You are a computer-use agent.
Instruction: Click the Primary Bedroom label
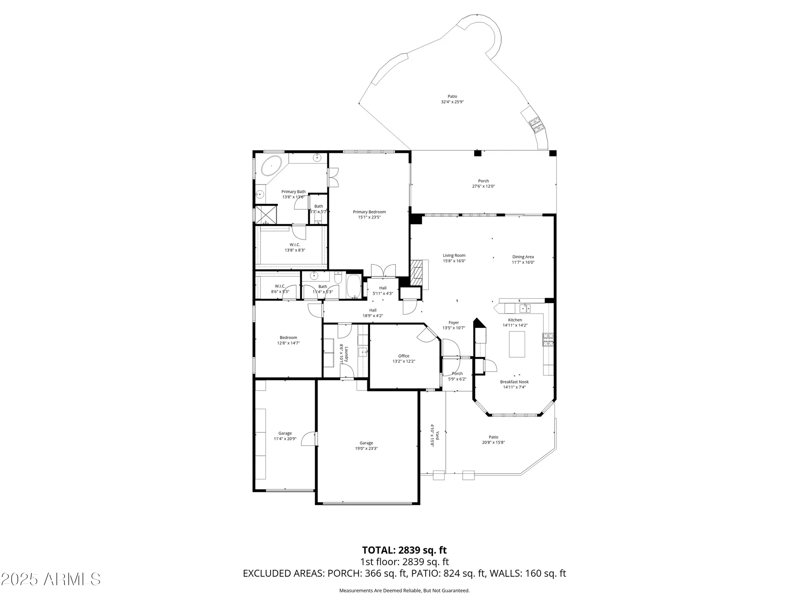[x=369, y=212]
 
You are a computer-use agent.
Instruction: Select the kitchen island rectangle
[x=517, y=344]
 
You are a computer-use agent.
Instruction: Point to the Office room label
[x=403, y=356]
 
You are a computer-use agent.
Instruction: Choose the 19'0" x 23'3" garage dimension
[x=366, y=448]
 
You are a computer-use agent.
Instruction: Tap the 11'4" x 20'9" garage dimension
[x=285, y=439]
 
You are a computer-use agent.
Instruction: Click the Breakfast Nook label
[x=514, y=382]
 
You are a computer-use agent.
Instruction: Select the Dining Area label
[x=523, y=257]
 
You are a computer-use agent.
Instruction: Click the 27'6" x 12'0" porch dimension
[x=483, y=187]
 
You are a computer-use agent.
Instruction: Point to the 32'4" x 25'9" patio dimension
[x=452, y=102]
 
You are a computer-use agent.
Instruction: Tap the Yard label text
[x=437, y=435]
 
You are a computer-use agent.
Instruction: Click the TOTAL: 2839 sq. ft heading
[x=404, y=550]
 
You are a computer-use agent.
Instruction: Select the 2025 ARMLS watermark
[x=50, y=579]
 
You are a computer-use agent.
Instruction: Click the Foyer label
[x=453, y=323]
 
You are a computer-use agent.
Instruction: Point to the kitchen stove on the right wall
[x=548, y=340]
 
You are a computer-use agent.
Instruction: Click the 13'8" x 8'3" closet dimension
[x=294, y=250]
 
